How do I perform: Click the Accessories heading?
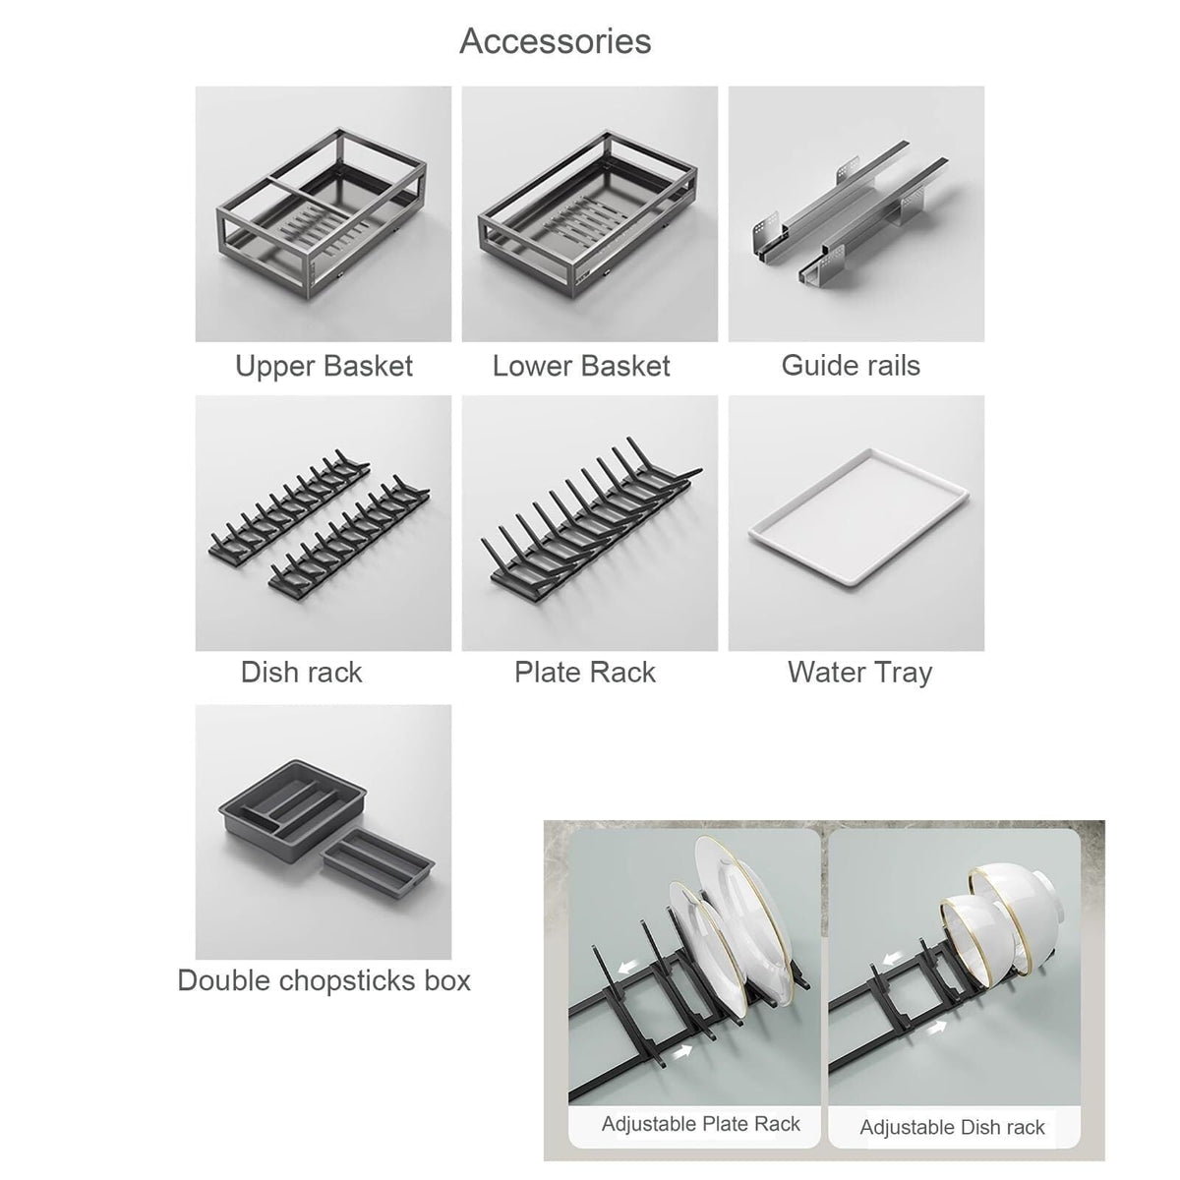click(555, 41)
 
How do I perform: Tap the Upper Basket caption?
click(324, 366)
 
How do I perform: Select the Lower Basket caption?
click(581, 366)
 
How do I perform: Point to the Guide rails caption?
click(851, 366)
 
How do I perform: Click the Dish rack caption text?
click(301, 673)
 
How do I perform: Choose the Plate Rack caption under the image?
click(585, 673)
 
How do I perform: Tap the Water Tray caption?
click(859, 673)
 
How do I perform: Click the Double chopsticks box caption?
click(324, 981)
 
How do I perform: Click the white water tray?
click(858, 518)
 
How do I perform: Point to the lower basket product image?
click(589, 211)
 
